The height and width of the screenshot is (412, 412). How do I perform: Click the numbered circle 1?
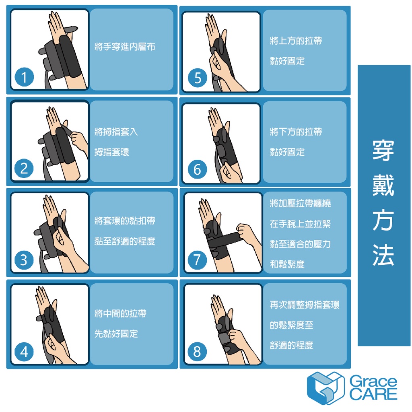tap(24, 77)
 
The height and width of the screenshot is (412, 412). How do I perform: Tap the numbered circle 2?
tap(24, 168)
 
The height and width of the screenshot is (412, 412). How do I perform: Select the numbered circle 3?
tap(24, 260)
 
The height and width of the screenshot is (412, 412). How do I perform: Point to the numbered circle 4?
tap(24, 352)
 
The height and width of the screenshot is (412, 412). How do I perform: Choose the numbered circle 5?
tap(198, 78)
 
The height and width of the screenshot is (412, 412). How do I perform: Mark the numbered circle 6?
tap(198, 169)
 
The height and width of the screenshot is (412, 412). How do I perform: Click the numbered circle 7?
tap(197, 260)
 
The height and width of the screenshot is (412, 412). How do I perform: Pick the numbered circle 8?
tap(197, 351)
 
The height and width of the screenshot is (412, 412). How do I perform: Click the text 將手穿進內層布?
tap(125, 47)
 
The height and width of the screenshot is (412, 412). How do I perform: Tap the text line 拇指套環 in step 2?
tap(112, 152)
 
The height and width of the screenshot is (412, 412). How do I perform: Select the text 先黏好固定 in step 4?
tap(116, 334)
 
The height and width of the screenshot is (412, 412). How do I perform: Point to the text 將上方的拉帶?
tap(296, 41)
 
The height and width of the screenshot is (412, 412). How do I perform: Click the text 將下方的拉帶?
tap(296, 132)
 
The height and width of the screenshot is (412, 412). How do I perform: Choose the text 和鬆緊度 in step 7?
tap(287, 264)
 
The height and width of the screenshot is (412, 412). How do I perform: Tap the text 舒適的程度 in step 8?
tap(292, 345)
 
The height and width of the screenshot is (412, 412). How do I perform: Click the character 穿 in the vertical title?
tap(383, 150)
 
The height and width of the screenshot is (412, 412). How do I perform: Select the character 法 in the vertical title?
tap(383, 255)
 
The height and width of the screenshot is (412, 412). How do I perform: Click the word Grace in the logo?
tap(373, 381)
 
